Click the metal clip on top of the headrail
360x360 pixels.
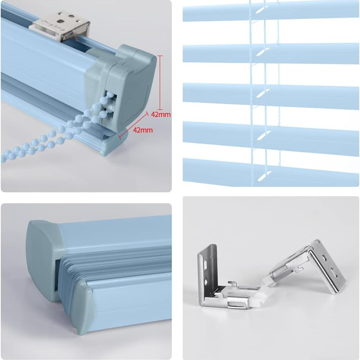pyautogui.click(x=62, y=26)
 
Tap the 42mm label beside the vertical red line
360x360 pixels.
pyautogui.click(x=161, y=114)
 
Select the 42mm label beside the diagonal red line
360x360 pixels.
pyautogui.click(x=143, y=130)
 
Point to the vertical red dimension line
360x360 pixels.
pyautogui.click(x=160, y=83)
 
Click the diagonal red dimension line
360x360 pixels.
pyautogui.click(x=133, y=125)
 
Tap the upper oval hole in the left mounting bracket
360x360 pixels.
pyautogui.click(x=206, y=263)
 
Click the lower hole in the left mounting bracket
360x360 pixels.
pyautogui.click(x=206, y=281)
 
